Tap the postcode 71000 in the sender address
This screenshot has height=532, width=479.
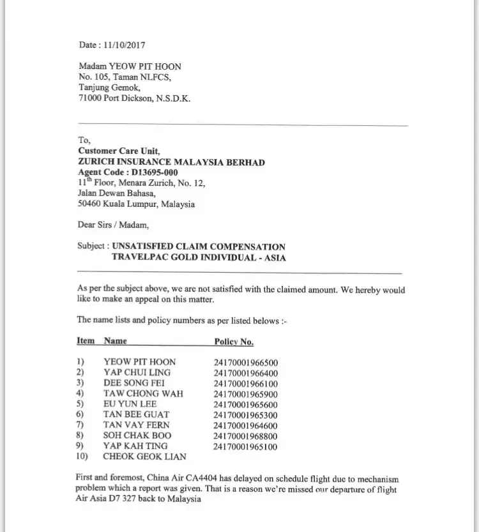point(90,99)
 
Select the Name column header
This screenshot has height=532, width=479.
point(115,342)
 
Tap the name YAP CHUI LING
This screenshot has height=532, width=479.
point(135,372)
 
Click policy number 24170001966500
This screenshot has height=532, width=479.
point(246,362)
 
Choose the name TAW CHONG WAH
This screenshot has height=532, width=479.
point(143,393)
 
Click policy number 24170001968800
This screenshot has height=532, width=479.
point(246,436)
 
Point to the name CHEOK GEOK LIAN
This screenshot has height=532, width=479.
point(144,457)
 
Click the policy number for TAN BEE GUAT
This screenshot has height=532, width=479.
point(246,414)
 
